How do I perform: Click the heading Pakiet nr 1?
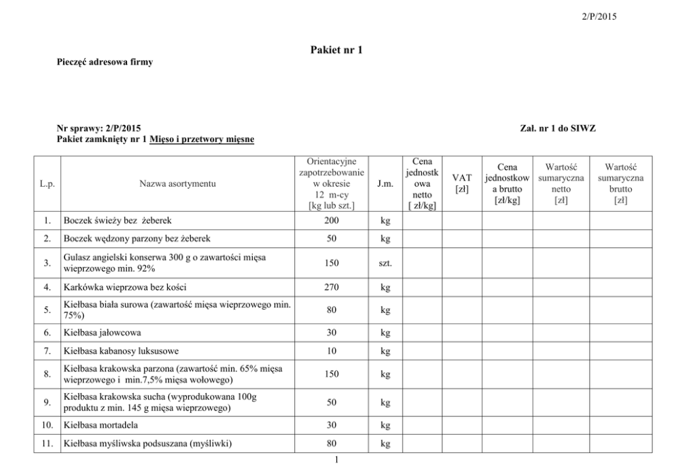336,50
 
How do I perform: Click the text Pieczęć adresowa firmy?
105,62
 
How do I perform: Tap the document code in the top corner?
600,17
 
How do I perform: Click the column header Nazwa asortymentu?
177,184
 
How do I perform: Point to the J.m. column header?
385,184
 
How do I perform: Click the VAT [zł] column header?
462,183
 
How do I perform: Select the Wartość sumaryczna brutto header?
620,183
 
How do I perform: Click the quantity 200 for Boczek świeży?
332,221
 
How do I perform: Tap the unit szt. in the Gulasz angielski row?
385,263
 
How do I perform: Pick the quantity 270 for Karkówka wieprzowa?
332,287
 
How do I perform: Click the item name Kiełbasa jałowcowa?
103,333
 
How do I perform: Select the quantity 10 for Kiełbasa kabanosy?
332,351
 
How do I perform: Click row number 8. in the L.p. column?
46,373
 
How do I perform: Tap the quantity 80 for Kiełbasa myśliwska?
332,444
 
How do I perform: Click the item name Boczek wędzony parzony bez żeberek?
137,239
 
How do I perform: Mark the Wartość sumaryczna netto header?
561,183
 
